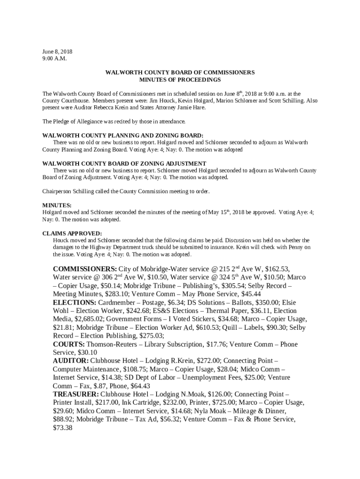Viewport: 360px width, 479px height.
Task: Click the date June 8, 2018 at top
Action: (58, 51)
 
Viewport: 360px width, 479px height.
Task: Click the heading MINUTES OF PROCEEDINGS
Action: (180, 80)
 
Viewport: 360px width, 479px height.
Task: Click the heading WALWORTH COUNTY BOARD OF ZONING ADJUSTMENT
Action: (124, 163)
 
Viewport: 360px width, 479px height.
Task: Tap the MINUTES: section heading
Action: (57, 205)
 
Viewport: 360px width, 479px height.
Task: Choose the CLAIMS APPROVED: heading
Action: (72, 233)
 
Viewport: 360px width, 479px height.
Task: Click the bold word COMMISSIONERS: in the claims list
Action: (85, 269)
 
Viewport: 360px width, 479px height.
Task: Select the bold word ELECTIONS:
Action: (74, 303)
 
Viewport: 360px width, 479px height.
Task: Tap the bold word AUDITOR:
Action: (71, 361)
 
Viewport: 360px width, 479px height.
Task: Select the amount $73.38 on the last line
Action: (62, 428)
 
